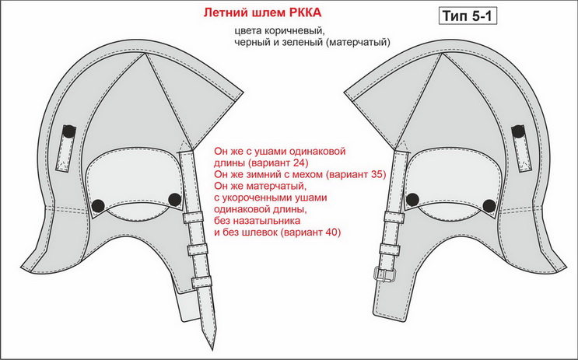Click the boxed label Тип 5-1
click(x=468, y=16)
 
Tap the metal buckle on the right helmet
click(x=384, y=274)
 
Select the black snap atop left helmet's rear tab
click(x=68, y=131)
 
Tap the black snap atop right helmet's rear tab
click(x=518, y=131)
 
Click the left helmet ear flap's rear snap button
click(x=98, y=205)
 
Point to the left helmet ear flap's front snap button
click(x=174, y=199)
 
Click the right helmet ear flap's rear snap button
click(x=489, y=206)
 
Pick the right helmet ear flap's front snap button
click(x=412, y=199)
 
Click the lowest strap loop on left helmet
click(x=201, y=282)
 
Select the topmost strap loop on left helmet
click(x=193, y=217)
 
